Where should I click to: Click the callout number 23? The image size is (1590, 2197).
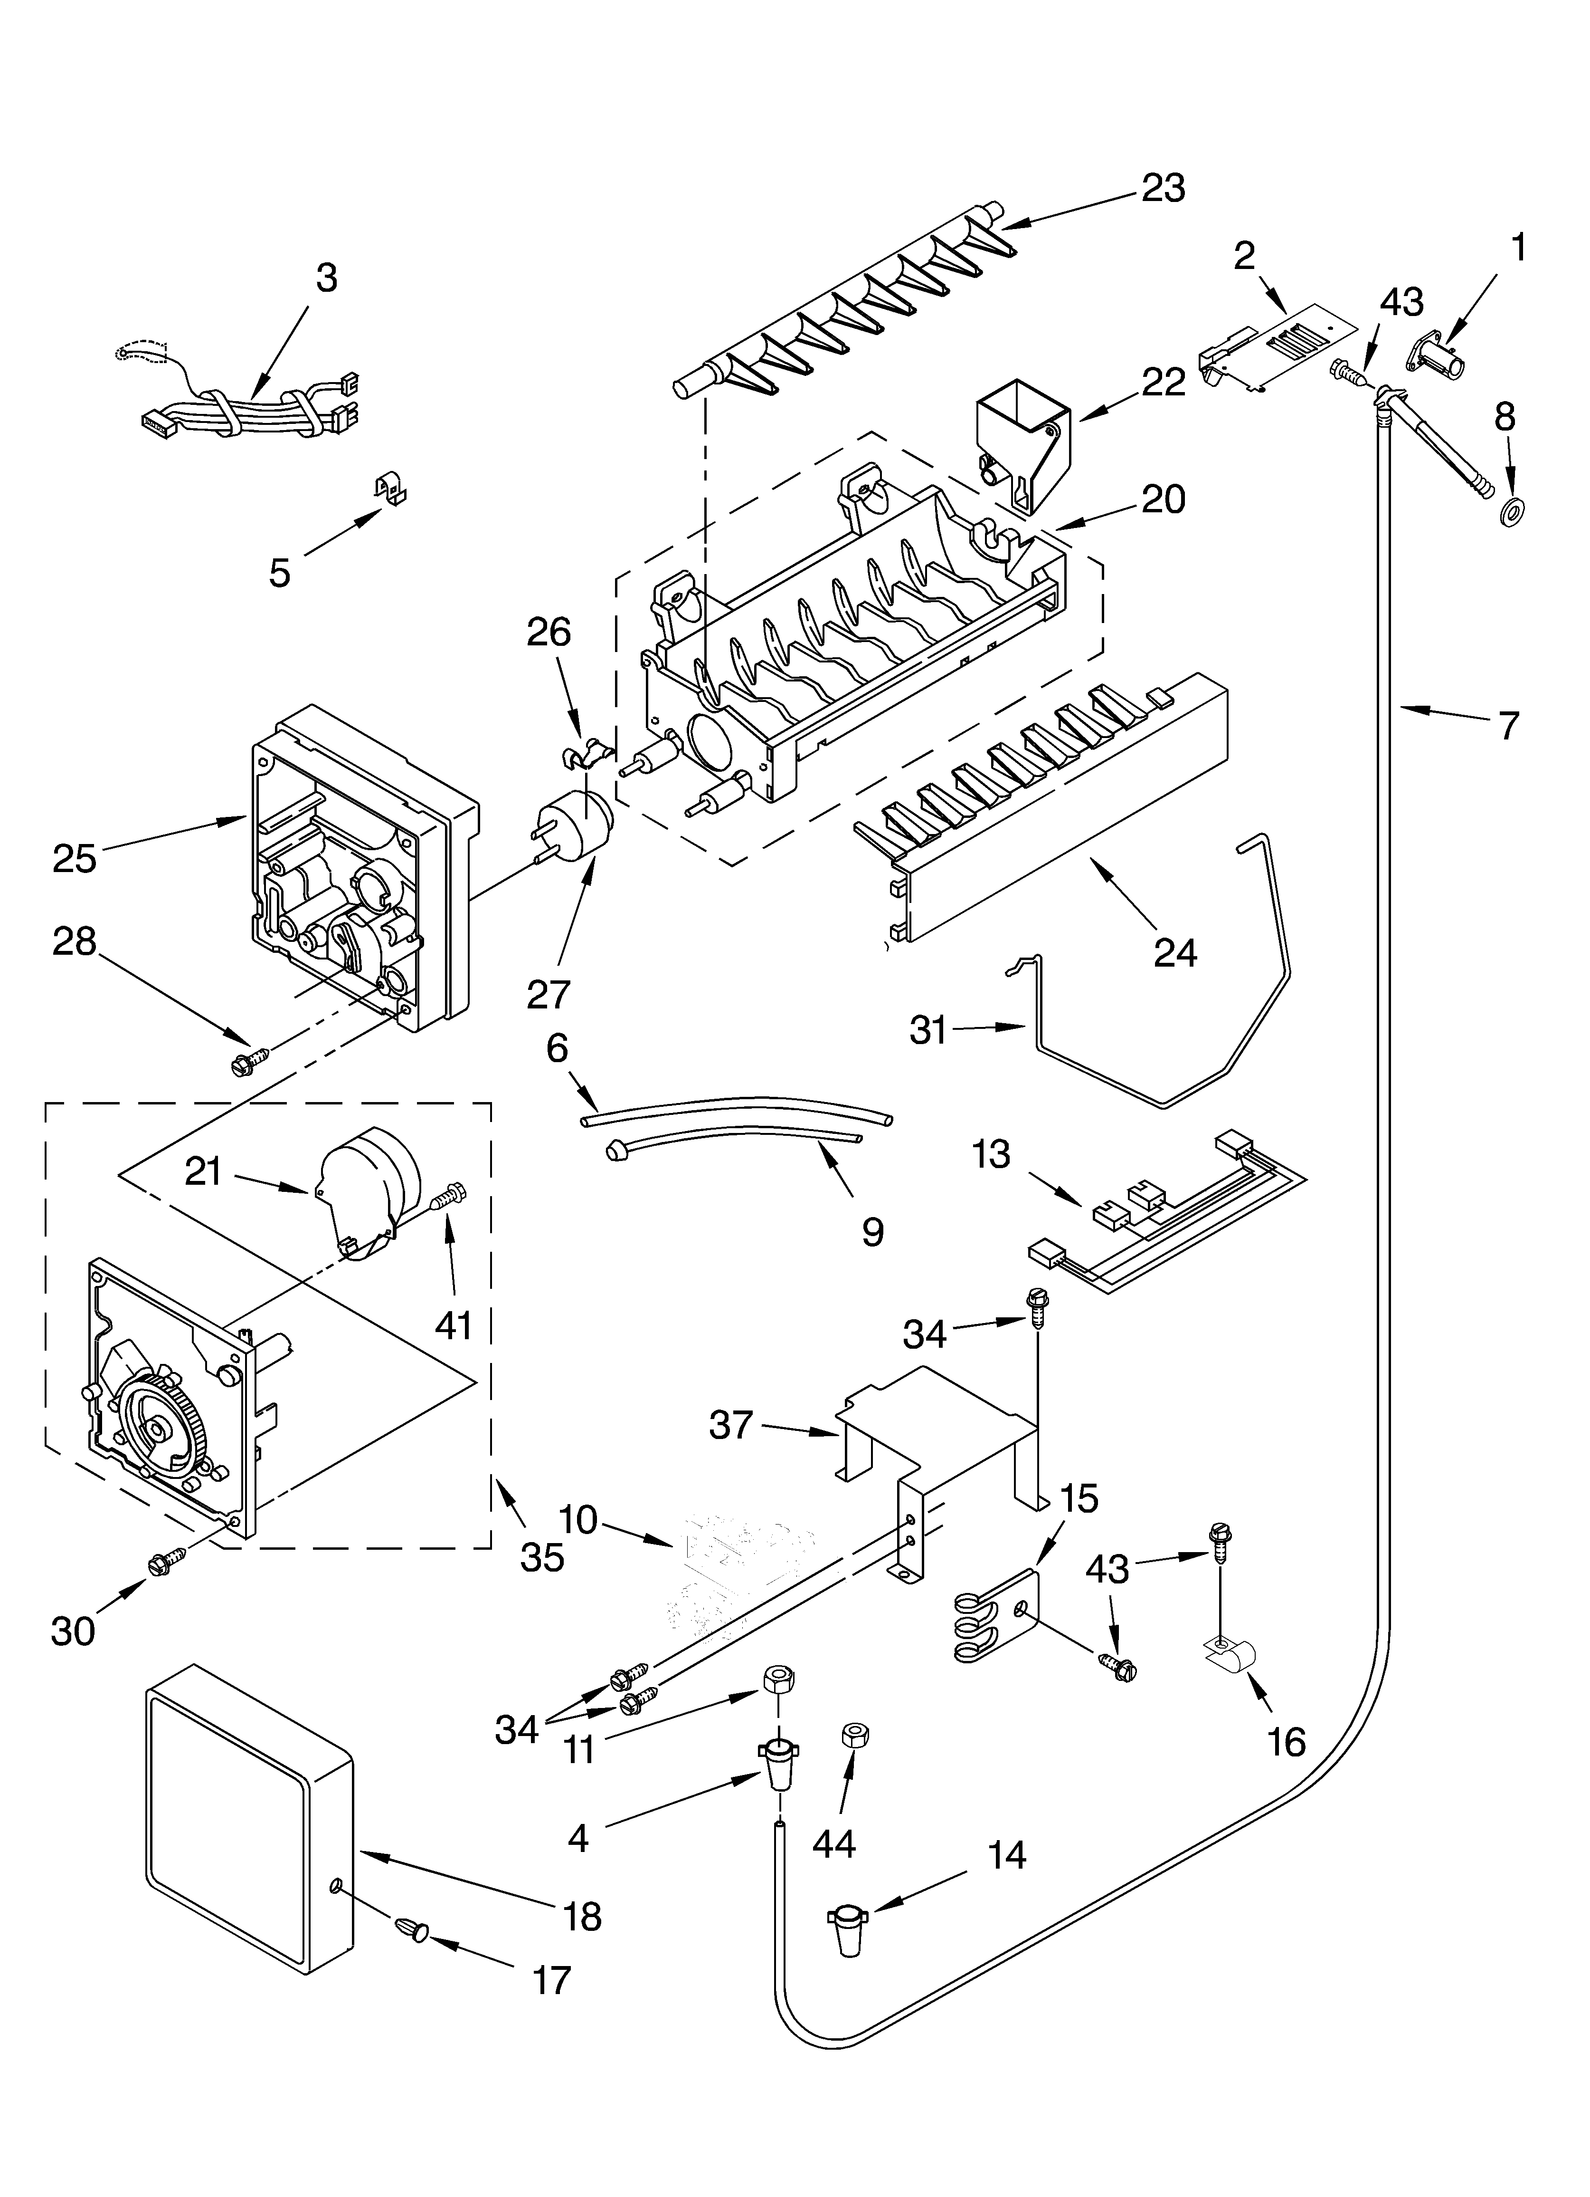[1163, 188]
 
